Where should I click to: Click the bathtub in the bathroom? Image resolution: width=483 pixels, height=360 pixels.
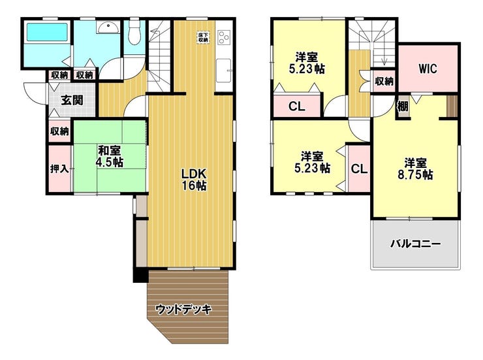[x=47, y=32]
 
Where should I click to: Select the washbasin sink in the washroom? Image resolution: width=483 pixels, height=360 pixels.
[x=108, y=27]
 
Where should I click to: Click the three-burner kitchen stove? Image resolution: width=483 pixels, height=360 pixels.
[x=224, y=38]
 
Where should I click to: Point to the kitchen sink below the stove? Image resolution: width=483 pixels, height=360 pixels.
[x=224, y=71]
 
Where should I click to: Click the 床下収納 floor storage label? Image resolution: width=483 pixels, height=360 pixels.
[x=203, y=37]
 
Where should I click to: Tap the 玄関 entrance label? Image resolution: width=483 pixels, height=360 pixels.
[x=72, y=100]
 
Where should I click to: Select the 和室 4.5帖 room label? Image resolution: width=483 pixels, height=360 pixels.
[x=110, y=156]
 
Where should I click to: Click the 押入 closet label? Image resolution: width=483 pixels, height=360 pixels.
[x=59, y=169]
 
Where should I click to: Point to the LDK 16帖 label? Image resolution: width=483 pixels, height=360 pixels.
[x=194, y=180]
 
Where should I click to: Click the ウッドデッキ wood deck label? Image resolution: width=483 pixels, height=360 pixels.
[x=184, y=309]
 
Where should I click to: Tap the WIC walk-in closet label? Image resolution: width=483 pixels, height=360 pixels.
[x=428, y=69]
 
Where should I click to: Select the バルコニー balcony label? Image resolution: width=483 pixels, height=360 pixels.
[x=416, y=244]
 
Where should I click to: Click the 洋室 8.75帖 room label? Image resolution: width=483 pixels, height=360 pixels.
[x=416, y=169]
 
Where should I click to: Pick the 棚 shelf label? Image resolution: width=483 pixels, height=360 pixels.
[x=403, y=106]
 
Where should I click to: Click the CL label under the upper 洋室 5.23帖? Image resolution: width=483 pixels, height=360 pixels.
[x=296, y=106]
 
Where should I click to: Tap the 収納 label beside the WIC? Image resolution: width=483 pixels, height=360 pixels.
[x=384, y=81]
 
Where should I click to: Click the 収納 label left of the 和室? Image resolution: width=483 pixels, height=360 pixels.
[x=59, y=131]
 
